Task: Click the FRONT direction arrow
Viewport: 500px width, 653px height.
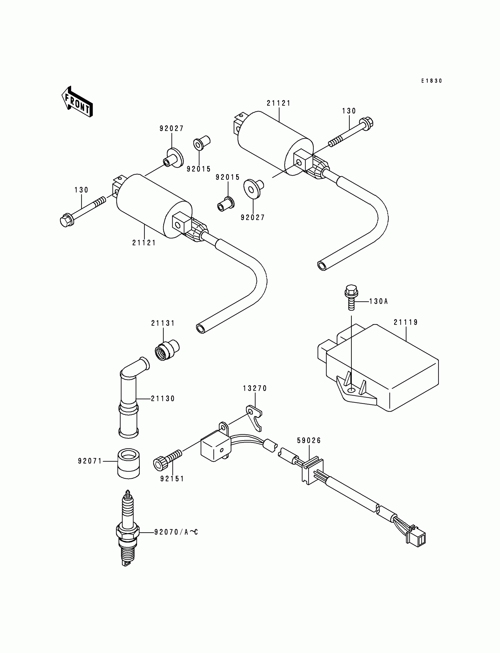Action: pos(77,102)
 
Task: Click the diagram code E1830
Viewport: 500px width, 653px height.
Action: pos(431,81)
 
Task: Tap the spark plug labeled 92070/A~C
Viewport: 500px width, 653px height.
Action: pos(128,532)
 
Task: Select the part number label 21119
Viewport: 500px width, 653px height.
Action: pos(406,322)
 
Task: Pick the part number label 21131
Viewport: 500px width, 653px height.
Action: pos(163,323)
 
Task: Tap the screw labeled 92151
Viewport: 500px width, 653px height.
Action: pos(167,460)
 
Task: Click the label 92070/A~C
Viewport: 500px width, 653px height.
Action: pos(176,532)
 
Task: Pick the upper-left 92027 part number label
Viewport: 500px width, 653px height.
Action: pos(171,129)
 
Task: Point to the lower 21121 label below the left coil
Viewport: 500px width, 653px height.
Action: pos(144,243)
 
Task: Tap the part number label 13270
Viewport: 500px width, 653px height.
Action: pos(255,388)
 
